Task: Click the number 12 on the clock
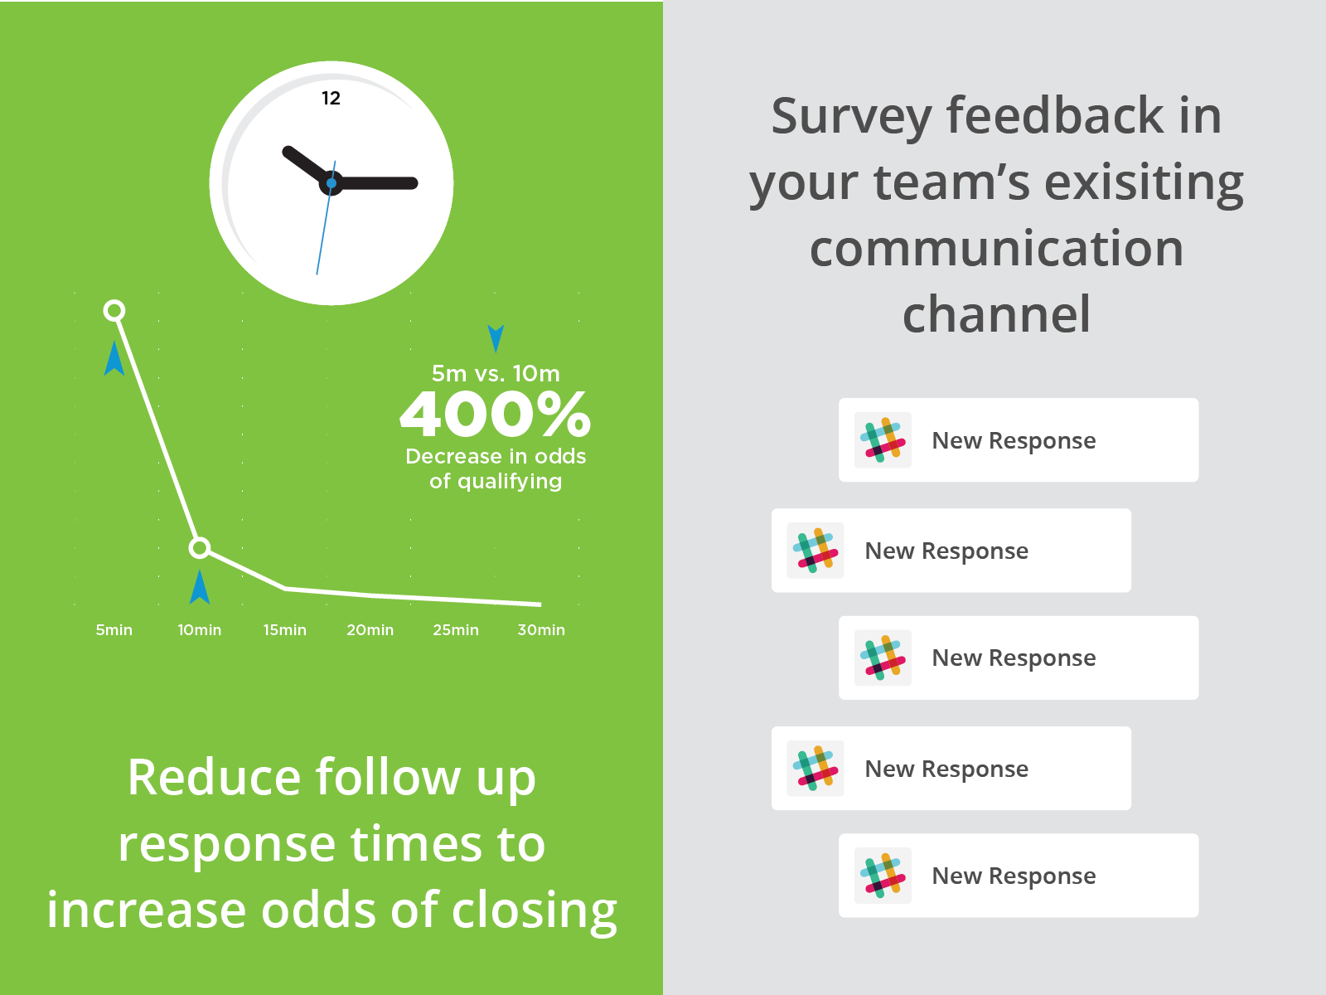coord(331,98)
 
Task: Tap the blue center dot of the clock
coord(331,183)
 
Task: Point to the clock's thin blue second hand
coord(326,217)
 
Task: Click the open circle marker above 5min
coord(114,310)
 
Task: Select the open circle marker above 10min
coord(200,548)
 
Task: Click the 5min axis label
coord(114,630)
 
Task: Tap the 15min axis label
coord(284,630)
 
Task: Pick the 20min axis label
coord(370,630)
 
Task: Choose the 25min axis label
coord(456,630)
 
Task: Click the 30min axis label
coord(541,630)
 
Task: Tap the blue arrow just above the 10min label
coord(200,586)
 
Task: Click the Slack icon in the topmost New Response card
coord(883,439)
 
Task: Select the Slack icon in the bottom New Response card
coord(883,876)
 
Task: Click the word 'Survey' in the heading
coord(851,118)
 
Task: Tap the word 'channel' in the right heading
coord(997,313)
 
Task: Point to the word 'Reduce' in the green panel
coord(214,778)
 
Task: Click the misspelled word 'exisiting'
coord(1145,183)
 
